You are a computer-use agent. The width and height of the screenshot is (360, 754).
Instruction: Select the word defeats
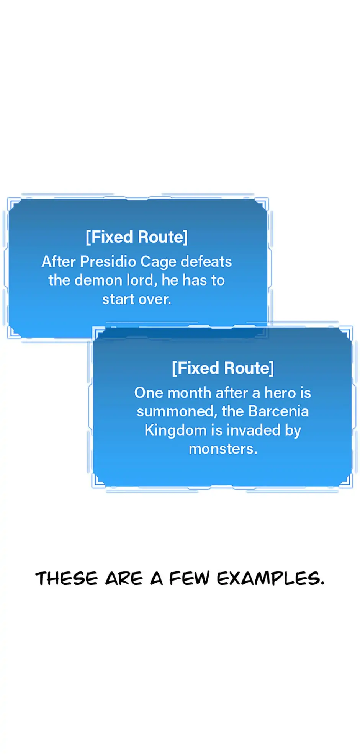[x=206, y=262]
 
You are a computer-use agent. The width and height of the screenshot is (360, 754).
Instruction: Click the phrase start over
[x=136, y=299]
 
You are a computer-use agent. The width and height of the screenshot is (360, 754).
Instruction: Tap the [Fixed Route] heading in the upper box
[x=137, y=237]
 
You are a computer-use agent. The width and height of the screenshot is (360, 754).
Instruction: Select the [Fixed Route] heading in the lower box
[x=223, y=368]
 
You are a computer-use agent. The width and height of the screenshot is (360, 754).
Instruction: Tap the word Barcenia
[x=278, y=411]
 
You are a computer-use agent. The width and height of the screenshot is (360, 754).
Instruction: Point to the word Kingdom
[x=175, y=431]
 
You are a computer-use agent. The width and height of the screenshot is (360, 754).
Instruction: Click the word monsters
[x=223, y=449]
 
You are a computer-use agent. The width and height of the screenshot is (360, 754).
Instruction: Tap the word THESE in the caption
[x=67, y=578]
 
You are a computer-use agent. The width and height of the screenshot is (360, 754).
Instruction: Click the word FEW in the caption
[x=189, y=578]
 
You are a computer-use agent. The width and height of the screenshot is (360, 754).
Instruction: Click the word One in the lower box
[x=149, y=393]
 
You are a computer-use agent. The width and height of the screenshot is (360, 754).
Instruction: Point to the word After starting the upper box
[x=59, y=262]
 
